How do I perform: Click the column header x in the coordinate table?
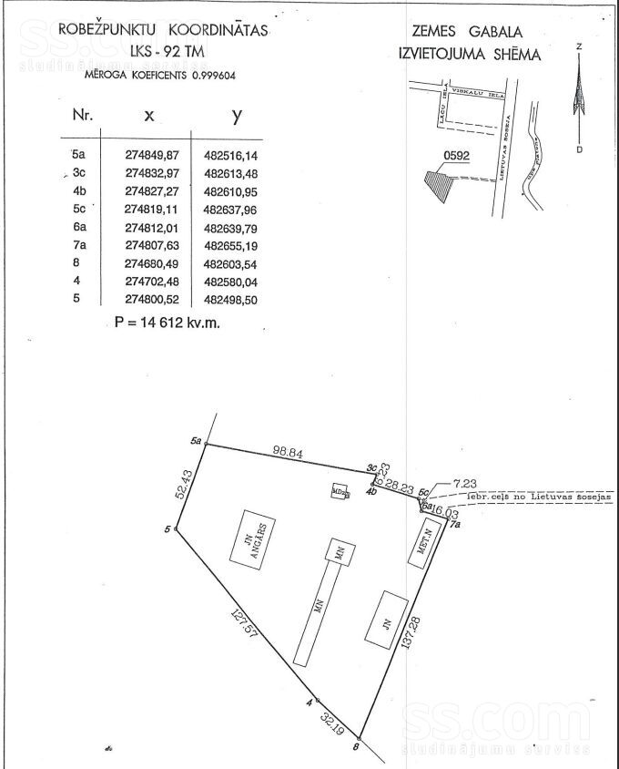[x=149, y=117]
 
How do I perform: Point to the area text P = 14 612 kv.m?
[x=168, y=322]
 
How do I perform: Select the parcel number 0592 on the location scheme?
[x=456, y=156]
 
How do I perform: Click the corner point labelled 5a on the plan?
[x=207, y=445]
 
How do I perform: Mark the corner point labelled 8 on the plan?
[x=360, y=738]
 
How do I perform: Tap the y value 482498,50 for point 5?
[x=228, y=300]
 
